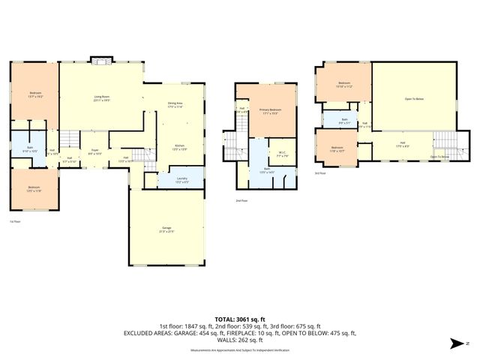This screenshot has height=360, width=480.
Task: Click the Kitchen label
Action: pyautogui.click(x=179, y=147)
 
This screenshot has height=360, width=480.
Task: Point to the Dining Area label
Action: pyautogui.click(x=175, y=106)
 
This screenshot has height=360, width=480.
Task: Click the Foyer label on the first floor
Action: pyautogui.click(x=95, y=152)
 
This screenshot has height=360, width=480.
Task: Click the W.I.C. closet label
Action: pyautogui.click(x=284, y=154)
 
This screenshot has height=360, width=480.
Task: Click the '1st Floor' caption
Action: pyautogui.click(x=14, y=222)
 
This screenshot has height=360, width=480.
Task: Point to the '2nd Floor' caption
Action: pyautogui.click(x=241, y=200)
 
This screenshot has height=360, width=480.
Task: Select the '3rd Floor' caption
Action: pyautogui.click(x=319, y=172)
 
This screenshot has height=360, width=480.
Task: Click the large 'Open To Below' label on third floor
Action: pyautogui.click(x=414, y=98)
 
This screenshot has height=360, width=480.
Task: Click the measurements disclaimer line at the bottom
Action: pyautogui.click(x=239, y=350)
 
